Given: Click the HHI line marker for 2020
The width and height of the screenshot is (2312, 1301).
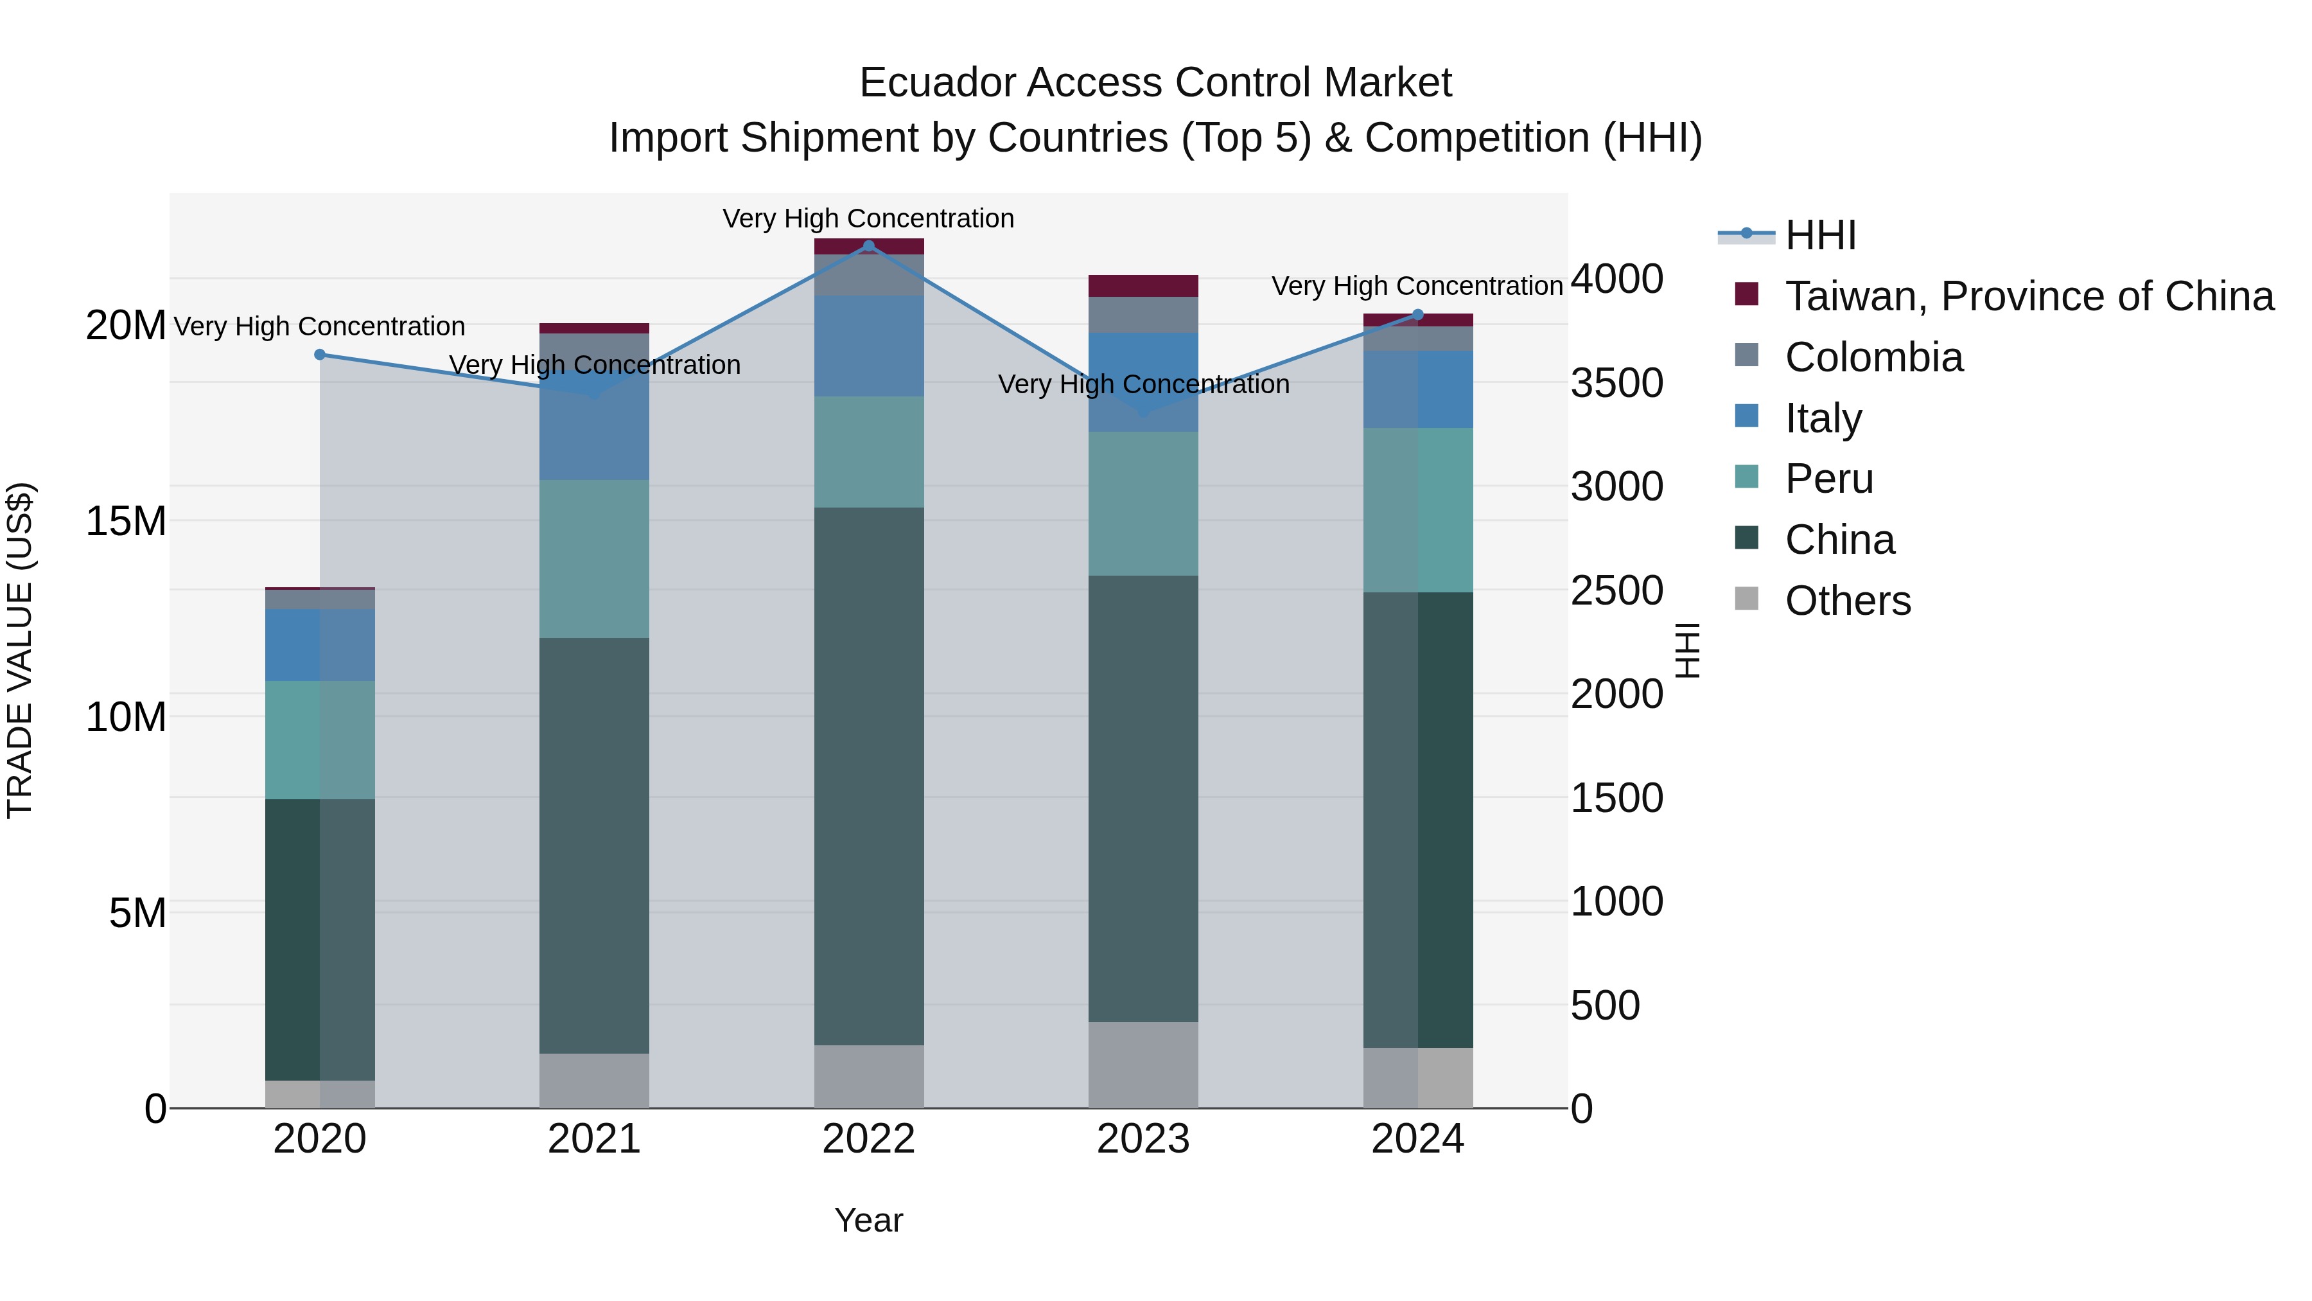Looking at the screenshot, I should [x=320, y=355].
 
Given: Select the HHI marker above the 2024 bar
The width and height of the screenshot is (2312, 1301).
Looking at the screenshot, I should [x=1418, y=314].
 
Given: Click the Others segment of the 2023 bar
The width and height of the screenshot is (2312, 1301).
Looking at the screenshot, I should [x=1143, y=1065].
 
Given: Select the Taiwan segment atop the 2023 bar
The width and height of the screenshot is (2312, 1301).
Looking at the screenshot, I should [x=1143, y=285].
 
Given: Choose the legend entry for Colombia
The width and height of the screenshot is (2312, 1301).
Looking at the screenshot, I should [x=1873, y=357].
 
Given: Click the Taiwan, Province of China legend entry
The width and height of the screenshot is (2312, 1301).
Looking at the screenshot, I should [x=2028, y=296].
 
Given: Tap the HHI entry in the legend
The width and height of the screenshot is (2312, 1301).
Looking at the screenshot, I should [x=1819, y=235].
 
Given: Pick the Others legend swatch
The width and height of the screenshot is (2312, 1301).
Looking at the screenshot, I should [x=1747, y=599].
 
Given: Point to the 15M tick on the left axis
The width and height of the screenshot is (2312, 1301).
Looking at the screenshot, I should [x=126, y=522].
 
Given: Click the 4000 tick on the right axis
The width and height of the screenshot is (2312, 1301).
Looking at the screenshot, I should [x=1616, y=279].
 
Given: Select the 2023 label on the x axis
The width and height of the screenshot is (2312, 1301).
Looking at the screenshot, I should [x=1143, y=1139].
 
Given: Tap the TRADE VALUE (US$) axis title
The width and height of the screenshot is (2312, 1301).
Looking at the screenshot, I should [x=21, y=650].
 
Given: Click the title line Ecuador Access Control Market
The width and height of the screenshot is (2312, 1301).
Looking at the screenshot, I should [x=1155, y=83].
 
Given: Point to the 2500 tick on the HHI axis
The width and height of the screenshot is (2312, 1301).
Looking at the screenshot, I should [x=1616, y=591].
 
